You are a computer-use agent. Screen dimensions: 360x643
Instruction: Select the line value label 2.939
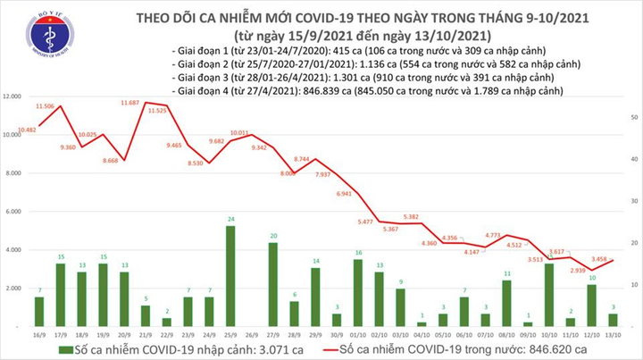tap(573, 243)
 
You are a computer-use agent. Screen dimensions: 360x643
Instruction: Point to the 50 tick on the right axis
tap(632, 117)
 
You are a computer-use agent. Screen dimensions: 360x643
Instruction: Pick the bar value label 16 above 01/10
tap(359, 253)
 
